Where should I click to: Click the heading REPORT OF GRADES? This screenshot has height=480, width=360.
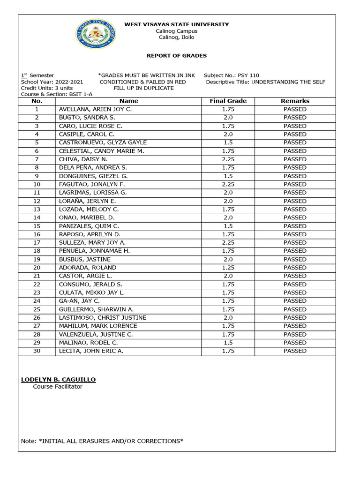(177, 56)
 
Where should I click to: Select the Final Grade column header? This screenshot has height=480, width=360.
(228, 101)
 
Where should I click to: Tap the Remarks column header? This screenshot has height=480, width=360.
(295, 101)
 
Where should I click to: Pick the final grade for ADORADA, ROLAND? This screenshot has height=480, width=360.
(228, 268)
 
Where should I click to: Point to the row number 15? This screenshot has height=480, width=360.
(37, 226)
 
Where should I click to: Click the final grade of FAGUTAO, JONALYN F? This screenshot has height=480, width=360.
(228, 184)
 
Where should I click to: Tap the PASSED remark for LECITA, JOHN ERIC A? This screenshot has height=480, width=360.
(295, 351)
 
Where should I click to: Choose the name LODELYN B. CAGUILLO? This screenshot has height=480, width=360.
(59, 379)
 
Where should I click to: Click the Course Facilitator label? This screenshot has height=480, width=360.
(57, 387)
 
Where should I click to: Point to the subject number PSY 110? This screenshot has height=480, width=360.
(248, 75)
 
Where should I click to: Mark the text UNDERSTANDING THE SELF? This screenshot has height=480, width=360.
(288, 82)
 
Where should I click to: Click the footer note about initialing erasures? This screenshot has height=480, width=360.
(102, 441)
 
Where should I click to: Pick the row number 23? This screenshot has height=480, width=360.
(37, 292)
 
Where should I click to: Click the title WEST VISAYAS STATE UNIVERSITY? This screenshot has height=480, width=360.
(176, 24)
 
